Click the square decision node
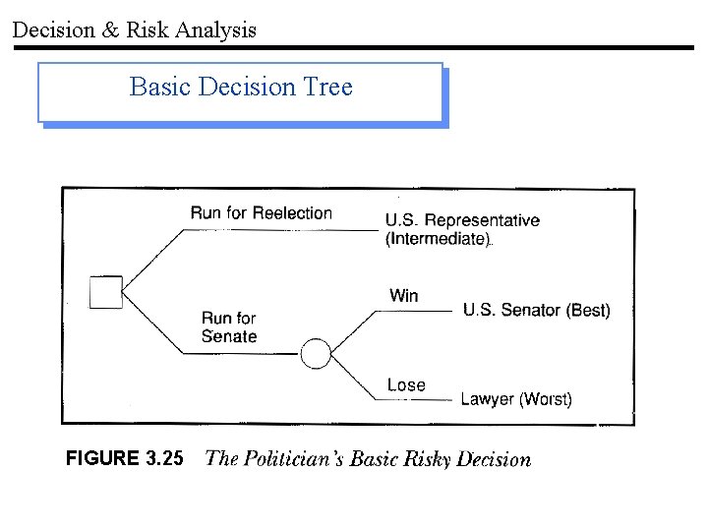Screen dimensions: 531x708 tap(106, 292)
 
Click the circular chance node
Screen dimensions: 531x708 tap(316, 353)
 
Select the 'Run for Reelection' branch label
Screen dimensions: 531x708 tap(261, 212)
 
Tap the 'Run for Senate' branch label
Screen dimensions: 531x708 tap(229, 327)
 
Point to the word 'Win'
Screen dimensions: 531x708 tap(403, 295)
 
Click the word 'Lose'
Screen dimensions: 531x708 tap(406, 384)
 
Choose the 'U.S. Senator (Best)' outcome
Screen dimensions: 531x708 tap(536, 311)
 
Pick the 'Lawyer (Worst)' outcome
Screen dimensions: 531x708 tap(515, 399)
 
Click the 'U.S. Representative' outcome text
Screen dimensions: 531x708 tap(462, 220)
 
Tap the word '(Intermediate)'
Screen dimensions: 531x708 tap(438, 239)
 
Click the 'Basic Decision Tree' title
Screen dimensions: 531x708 tap(241, 88)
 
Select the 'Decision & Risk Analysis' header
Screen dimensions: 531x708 tap(134, 29)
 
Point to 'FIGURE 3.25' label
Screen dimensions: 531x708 tap(124, 458)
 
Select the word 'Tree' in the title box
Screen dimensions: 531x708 tap(327, 88)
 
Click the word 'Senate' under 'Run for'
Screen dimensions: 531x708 tap(229, 336)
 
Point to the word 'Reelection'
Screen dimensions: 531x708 tap(292, 212)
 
